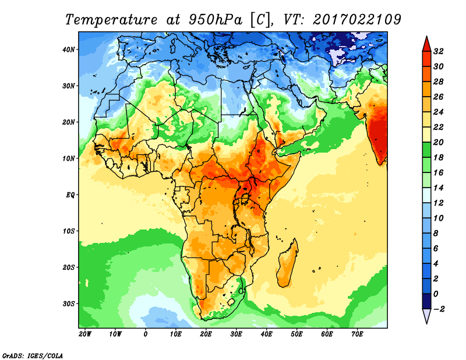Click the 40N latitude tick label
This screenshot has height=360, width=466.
[x=69, y=49]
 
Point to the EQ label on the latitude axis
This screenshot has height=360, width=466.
[x=70, y=195]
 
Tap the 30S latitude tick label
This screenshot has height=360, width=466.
[x=69, y=303]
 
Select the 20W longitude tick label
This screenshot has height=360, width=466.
[x=85, y=334]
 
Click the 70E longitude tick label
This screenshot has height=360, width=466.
[x=358, y=334]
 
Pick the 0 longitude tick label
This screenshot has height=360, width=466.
[x=146, y=334]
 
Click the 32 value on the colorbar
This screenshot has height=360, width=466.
[x=439, y=51]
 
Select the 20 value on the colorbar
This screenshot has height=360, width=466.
[x=439, y=142]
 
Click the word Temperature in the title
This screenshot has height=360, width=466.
[x=111, y=19]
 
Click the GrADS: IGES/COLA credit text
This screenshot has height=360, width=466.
[x=32, y=354]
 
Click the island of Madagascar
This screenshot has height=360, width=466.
[x=287, y=266]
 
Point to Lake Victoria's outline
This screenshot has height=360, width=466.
[x=244, y=199]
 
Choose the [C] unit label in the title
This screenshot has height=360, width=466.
[x=260, y=19]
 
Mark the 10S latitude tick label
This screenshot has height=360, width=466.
[x=69, y=231]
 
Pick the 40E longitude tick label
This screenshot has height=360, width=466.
[x=267, y=334]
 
